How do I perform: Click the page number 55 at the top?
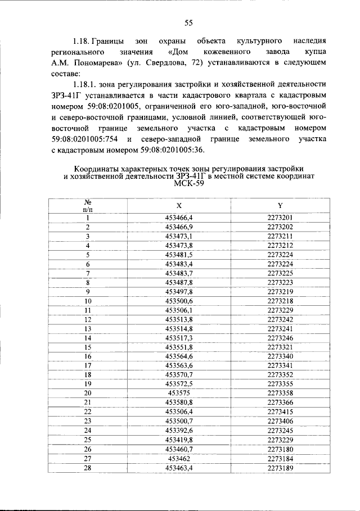pos(188,22)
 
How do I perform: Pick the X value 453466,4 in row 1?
pos(179,218)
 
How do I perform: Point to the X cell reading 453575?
pos(179,393)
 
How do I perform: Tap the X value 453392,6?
pos(179,430)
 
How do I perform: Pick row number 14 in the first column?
pos(88,338)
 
